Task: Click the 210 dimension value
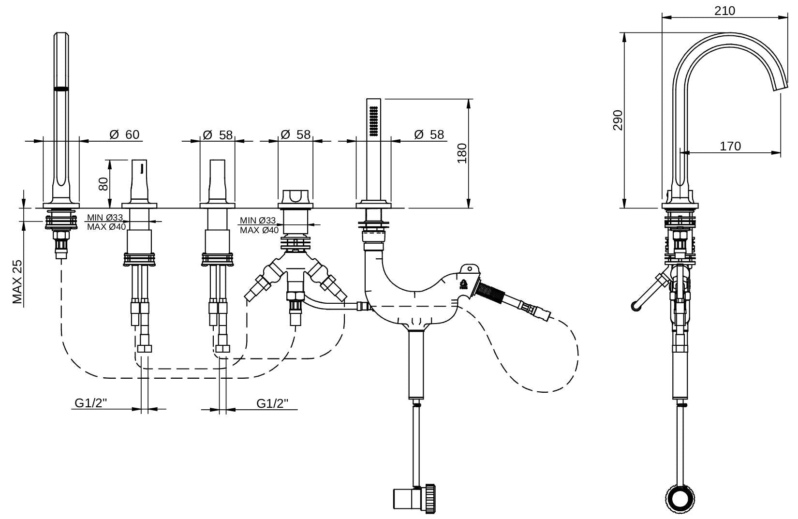[724, 11]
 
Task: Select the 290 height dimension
[618, 120]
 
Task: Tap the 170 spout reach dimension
[730, 146]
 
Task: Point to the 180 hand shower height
[462, 153]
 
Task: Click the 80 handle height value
[103, 184]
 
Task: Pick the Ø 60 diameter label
[124, 134]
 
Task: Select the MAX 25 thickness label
[17, 282]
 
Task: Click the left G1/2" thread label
[91, 403]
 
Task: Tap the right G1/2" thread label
[273, 403]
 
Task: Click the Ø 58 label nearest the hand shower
[429, 134]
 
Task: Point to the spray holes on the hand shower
[374, 120]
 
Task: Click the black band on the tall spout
[61, 89]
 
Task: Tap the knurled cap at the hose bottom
[430, 498]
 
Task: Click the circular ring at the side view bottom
[680, 498]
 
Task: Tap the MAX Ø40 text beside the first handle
[106, 226]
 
